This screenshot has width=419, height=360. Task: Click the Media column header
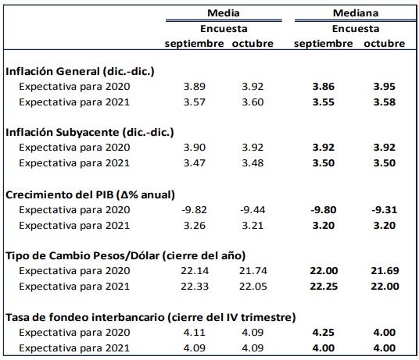pyautogui.click(x=223, y=13)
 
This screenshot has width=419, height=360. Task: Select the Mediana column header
pyautogui.click(x=356, y=13)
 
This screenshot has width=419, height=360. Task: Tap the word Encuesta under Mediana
pyautogui.click(x=356, y=28)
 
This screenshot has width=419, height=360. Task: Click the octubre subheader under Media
pyautogui.click(x=253, y=43)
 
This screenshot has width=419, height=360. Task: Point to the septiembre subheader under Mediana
pyautogui.click(x=324, y=43)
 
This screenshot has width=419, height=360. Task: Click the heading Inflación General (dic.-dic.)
pyautogui.click(x=80, y=72)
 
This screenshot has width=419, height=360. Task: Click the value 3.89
pyautogui.click(x=195, y=87)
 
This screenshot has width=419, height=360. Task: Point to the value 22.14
pyautogui.click(x=193, y=270)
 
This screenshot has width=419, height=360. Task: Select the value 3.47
pyautogui.click(x=195, y=163)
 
